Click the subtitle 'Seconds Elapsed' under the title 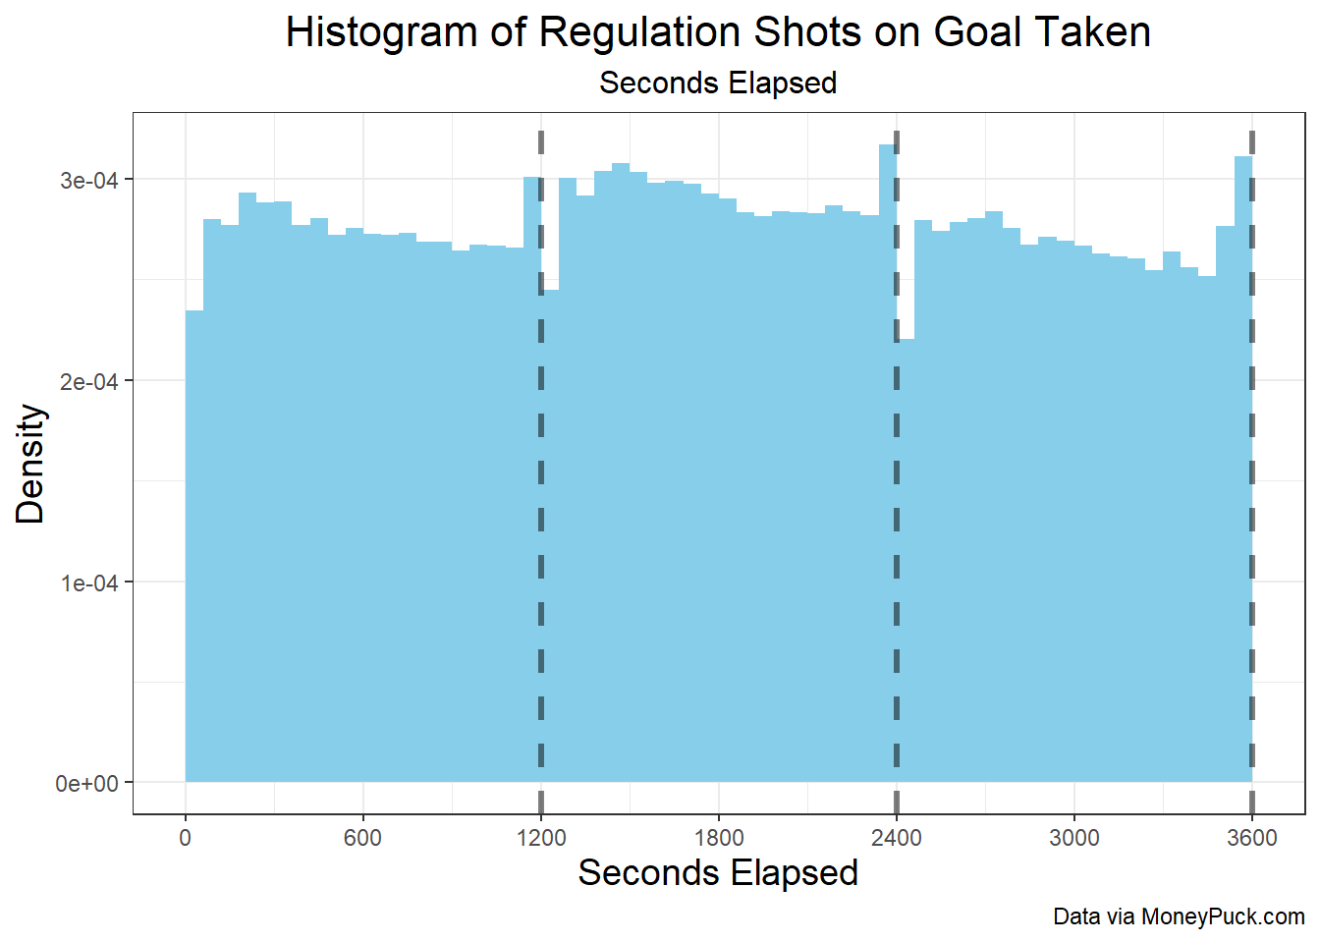[718, 83]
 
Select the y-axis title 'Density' [29, 464]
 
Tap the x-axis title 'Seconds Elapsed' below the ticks [718, 873]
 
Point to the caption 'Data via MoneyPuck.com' [1180, 917]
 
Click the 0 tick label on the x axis [185, 838]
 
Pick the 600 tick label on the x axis [363, 838]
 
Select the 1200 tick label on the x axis [541, 838]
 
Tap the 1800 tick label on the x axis [719, 838]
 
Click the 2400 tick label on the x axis [897, 838]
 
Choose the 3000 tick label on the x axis [1074, 838]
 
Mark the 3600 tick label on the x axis [1252, 838]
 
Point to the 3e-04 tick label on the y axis [89, 181]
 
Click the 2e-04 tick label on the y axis [89, 382]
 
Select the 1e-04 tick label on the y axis [89, 583]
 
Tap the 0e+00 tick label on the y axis [86, 784]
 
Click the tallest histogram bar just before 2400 [888, 464]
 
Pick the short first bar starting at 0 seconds [194, 546]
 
